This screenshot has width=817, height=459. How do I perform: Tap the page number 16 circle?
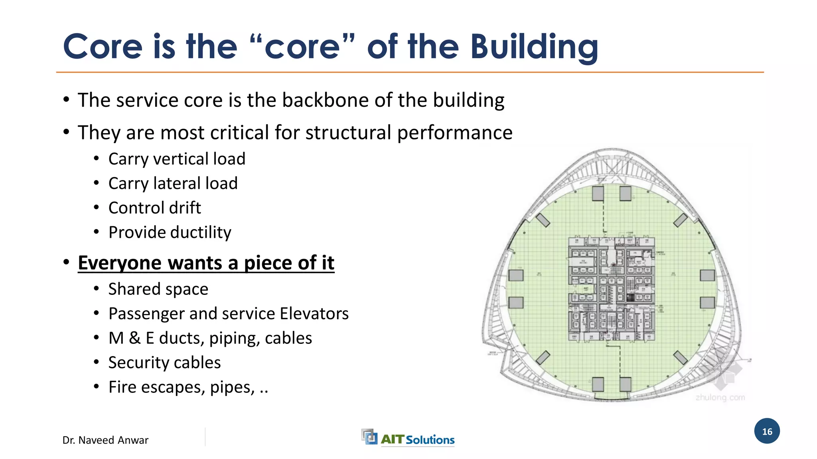pos(767,431)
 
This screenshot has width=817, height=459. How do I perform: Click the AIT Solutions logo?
pos(408,438)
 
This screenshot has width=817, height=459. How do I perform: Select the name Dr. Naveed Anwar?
pos(105,440)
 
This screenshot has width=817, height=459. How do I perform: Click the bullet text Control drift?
pos(154,208)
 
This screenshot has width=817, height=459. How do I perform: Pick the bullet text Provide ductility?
pos(170,232)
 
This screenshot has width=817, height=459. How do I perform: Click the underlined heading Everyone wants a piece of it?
pos(206,263)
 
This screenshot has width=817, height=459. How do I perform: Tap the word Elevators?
pos(314,314)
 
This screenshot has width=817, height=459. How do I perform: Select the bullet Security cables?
pos(164,363)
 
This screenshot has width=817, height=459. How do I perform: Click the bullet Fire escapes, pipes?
pos(187,387)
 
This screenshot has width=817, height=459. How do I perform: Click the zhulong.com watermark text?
pos(720,397)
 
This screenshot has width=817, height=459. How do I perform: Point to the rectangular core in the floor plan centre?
pos(611,289)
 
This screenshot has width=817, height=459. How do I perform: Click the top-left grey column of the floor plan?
pos(598,194)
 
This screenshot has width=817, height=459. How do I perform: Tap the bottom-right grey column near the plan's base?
pos(625,384)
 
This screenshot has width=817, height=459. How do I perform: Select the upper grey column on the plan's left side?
pos(516,275)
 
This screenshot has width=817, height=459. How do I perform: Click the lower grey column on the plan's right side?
pos(707,303)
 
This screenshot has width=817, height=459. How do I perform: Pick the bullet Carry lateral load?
pos(173,184)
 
